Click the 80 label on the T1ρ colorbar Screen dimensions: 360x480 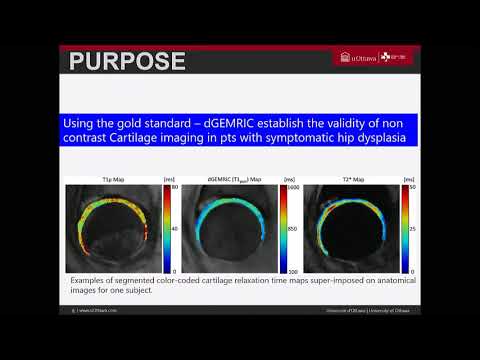click(174, 187)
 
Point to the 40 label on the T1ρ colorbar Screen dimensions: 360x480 click(174, 228)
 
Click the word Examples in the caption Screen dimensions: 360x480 click(90, 280)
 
